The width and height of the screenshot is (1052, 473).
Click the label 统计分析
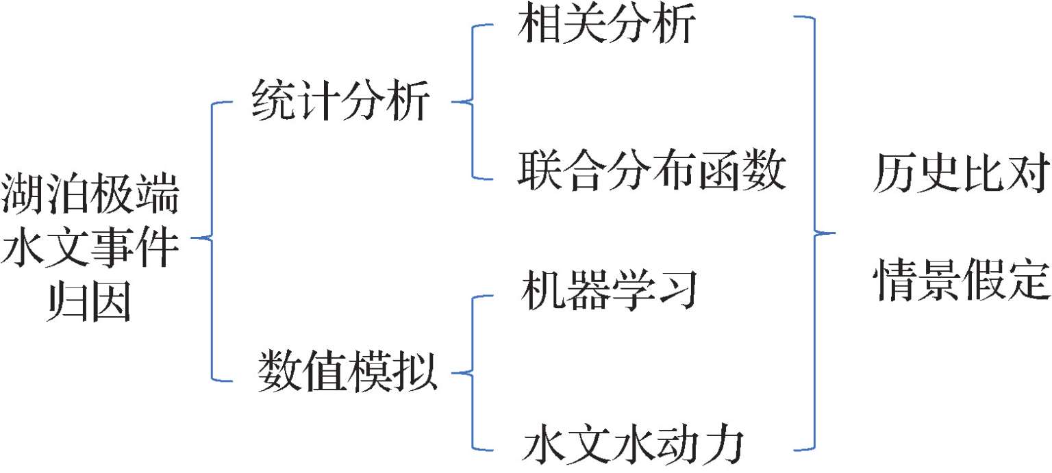[340, 102]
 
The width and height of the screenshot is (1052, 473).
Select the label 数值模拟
[347, 373]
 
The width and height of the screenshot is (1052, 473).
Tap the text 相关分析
[607, 26]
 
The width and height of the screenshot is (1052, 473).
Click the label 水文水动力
[632, 446]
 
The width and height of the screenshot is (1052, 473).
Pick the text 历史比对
[961, 175]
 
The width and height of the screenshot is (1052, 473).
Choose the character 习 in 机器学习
[675, 290]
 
